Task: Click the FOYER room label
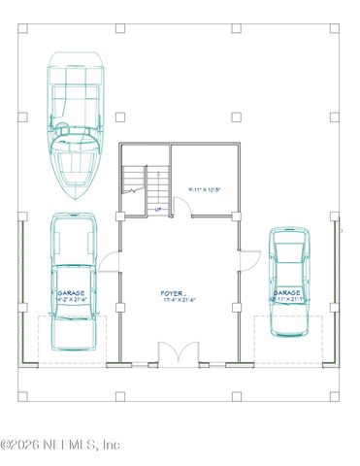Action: click(x=173, y=291)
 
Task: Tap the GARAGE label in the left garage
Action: click(x=72, y=292)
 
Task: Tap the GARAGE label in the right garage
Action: click(x=287, y=292)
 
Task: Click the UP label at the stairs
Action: click(x=157, y=209)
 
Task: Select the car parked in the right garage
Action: click(x=290, y=282)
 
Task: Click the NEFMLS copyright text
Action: click(x=60, y=445)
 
